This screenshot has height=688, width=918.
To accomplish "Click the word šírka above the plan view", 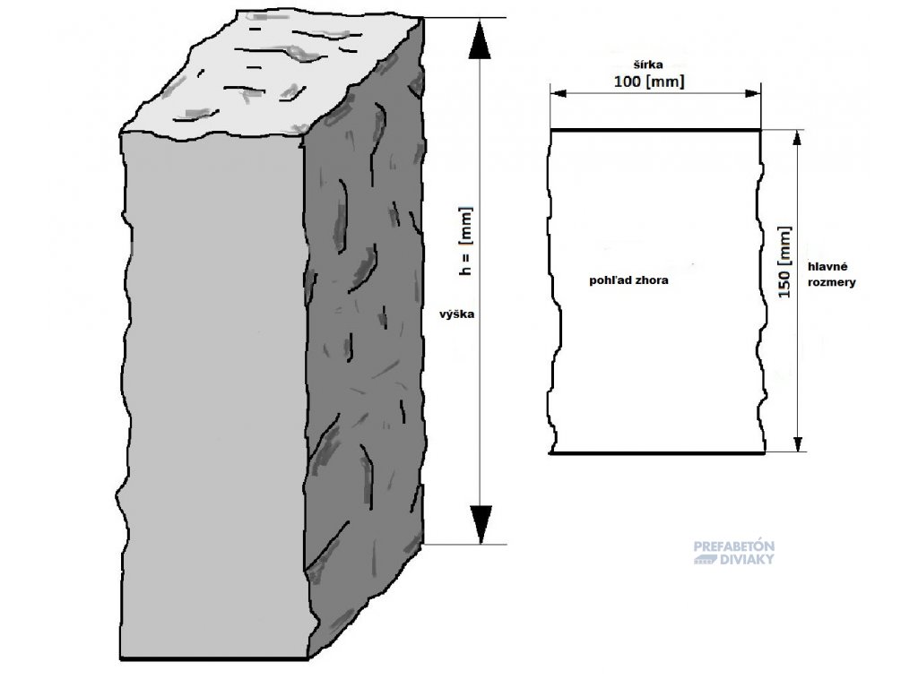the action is point(648,64).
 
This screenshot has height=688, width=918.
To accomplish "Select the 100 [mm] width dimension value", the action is point(649,82).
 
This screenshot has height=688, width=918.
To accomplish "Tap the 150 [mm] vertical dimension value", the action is point(784,262).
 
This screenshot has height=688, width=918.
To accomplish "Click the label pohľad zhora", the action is point(628,280).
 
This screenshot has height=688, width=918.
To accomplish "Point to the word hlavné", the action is point(827,267).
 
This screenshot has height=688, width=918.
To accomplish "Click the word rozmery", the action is point(831,282).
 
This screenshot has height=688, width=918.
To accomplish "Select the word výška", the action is point(456,314).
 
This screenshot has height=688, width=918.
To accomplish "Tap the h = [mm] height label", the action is point(465,240).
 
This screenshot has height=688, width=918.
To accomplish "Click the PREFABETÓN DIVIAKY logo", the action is point(733,553).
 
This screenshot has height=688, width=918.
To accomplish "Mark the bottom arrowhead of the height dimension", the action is point(481,524).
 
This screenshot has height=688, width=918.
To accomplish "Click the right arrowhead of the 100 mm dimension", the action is point(752,93).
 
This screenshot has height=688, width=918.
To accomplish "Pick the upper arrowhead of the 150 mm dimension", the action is point(797,139).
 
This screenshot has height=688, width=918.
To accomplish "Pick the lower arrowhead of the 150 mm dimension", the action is point(797,443).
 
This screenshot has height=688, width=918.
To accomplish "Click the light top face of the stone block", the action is point(269,76).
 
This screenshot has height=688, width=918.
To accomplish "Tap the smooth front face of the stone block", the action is point(213,398).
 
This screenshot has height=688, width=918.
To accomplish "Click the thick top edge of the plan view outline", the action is point(655,130).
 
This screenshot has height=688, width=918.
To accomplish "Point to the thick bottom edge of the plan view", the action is point(656,452).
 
